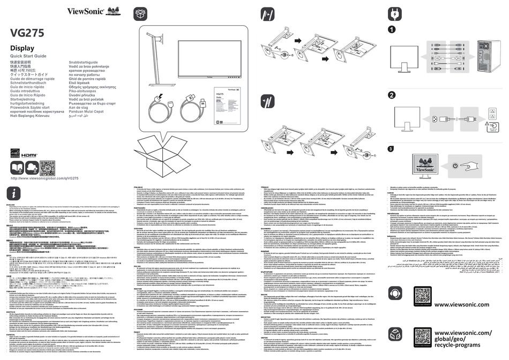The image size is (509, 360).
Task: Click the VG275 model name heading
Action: (27, 32)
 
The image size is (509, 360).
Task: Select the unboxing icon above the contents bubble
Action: (141, 13)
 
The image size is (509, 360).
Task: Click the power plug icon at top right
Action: (395, 13)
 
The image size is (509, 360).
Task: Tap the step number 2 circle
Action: (392, 95)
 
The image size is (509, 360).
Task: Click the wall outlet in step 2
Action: (493, 116)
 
